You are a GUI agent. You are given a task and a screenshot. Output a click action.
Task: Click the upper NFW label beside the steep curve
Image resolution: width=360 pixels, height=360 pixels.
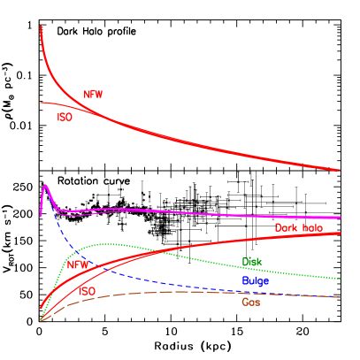pos(94,94)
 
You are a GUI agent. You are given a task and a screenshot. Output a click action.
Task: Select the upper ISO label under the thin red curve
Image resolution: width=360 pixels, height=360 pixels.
pos(65,117)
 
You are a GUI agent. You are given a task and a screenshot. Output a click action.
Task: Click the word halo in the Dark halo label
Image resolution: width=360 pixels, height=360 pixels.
pos(311,228)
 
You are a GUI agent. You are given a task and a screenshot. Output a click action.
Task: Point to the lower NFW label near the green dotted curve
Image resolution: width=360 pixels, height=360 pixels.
pos(79,264)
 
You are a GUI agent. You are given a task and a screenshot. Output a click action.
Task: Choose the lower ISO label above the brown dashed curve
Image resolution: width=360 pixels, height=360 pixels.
pos(87,291)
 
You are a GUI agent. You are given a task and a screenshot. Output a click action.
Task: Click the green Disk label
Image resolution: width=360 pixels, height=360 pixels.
pos(251,262)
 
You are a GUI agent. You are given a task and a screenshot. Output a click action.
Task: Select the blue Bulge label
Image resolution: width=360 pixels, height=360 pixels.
pos(255,280)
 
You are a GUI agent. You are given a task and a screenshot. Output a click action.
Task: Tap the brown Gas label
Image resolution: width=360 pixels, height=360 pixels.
pos(250,302)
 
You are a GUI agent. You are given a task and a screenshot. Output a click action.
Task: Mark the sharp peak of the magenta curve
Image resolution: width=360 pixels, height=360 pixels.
pos(45,186)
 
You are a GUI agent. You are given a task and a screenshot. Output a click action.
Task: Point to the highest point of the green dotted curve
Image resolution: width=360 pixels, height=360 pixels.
pos(106,243)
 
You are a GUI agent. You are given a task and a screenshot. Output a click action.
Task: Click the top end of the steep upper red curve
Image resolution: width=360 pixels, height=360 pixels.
pos(41,27)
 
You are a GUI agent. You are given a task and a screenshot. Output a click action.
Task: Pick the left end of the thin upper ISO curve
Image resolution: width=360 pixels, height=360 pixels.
pos(41,103)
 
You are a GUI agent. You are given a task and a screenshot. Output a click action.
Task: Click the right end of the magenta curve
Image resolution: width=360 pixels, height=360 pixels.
pos(341,217)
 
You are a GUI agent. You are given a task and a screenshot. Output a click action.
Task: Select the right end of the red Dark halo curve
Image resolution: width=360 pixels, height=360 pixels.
pos(341,233)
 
